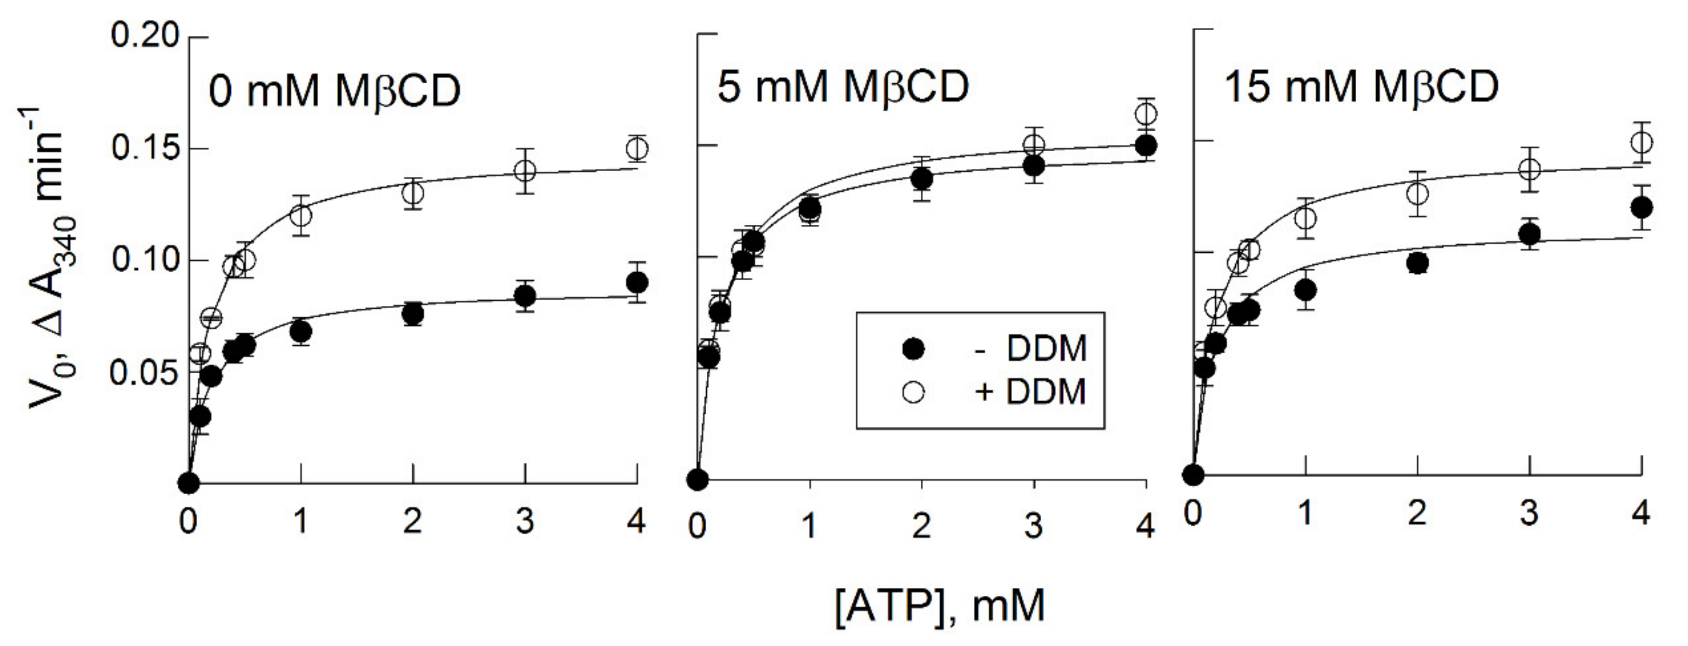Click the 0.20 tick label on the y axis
[x=144, y=35]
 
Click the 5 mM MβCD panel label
[x=843, y=87]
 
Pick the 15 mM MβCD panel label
[x=1362, y=87]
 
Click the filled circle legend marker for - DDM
[x=913, y=349]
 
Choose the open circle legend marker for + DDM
[x=913, y=392]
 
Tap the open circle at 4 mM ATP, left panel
[x=637, y=149]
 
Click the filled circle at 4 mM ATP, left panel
[x=637, y=283]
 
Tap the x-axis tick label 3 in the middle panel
[x=1033, y=525]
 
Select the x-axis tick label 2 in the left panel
[x=413, y=522]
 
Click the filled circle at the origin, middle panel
[x=698, y=479]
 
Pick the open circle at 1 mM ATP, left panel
[x=301, y=215]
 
